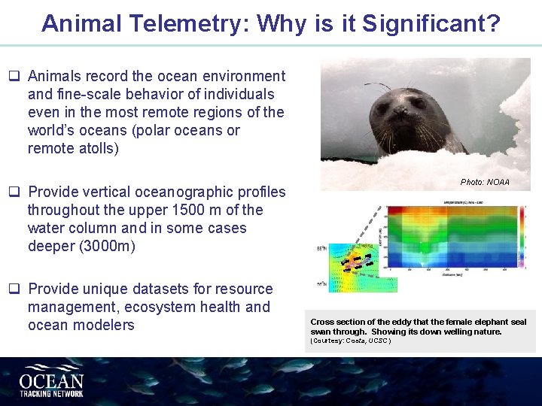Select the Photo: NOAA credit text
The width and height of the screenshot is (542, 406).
coord(485,182)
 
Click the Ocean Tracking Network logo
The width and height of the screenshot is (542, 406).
coord(51,382)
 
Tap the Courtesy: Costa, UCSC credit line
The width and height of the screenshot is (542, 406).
coord(350,341)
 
